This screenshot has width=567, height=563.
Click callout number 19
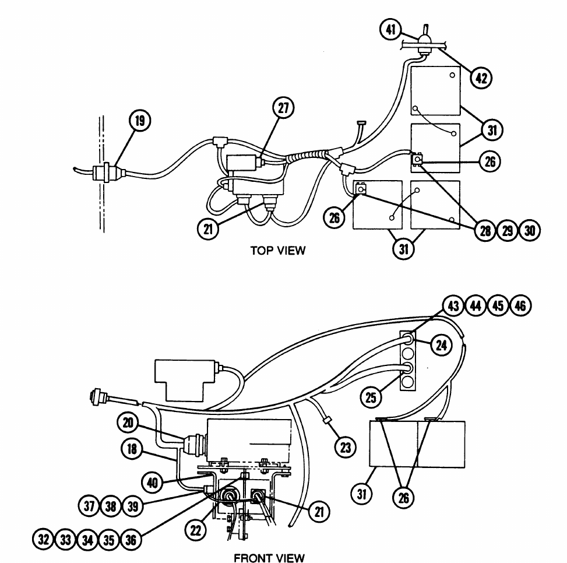click(140, 121)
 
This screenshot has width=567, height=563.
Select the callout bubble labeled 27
click(283, 108)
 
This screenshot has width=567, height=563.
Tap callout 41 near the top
click(390, 29)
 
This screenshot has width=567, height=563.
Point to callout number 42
click(482, 78)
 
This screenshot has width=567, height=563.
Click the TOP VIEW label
click(278, 250)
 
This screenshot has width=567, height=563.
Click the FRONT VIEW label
click(269, 558)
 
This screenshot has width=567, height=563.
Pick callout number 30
click(530, 230)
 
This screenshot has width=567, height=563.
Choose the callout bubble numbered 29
click(508, 230)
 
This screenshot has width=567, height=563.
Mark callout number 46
click(520, 306)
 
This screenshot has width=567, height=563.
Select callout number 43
click(453, 306)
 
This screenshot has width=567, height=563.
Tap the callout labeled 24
click(442, 345)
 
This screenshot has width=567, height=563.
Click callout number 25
click(371, 397)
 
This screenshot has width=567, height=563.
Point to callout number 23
click(346, 448)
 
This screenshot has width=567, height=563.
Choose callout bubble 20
click(128, 423)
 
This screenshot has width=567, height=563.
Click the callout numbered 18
click(132, 449)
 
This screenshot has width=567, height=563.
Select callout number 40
click(152, 483)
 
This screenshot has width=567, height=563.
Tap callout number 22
click(195, 530)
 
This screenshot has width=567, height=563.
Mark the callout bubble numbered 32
click(43, 540)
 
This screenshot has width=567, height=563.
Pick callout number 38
click(111, 506)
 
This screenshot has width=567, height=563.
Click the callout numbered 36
click(131, 540)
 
